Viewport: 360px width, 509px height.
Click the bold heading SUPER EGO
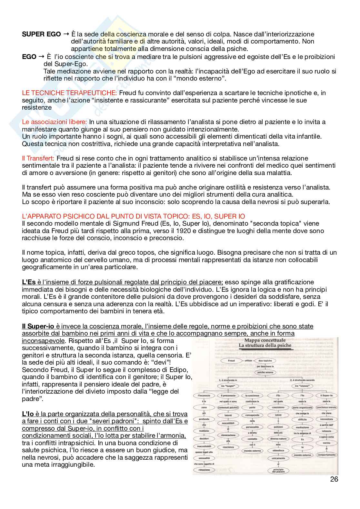point(41,34)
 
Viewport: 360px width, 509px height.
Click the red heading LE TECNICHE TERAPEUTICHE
point(69,93)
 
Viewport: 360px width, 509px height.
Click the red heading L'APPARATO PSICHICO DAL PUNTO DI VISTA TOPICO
point(133,216)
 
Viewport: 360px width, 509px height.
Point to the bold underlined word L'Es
point(29,282)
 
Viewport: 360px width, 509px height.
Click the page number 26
point(334,479)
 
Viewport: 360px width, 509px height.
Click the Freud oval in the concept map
point(231,361)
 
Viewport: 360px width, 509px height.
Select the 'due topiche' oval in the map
point(265,361)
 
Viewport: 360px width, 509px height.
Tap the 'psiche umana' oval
point(265,372)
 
